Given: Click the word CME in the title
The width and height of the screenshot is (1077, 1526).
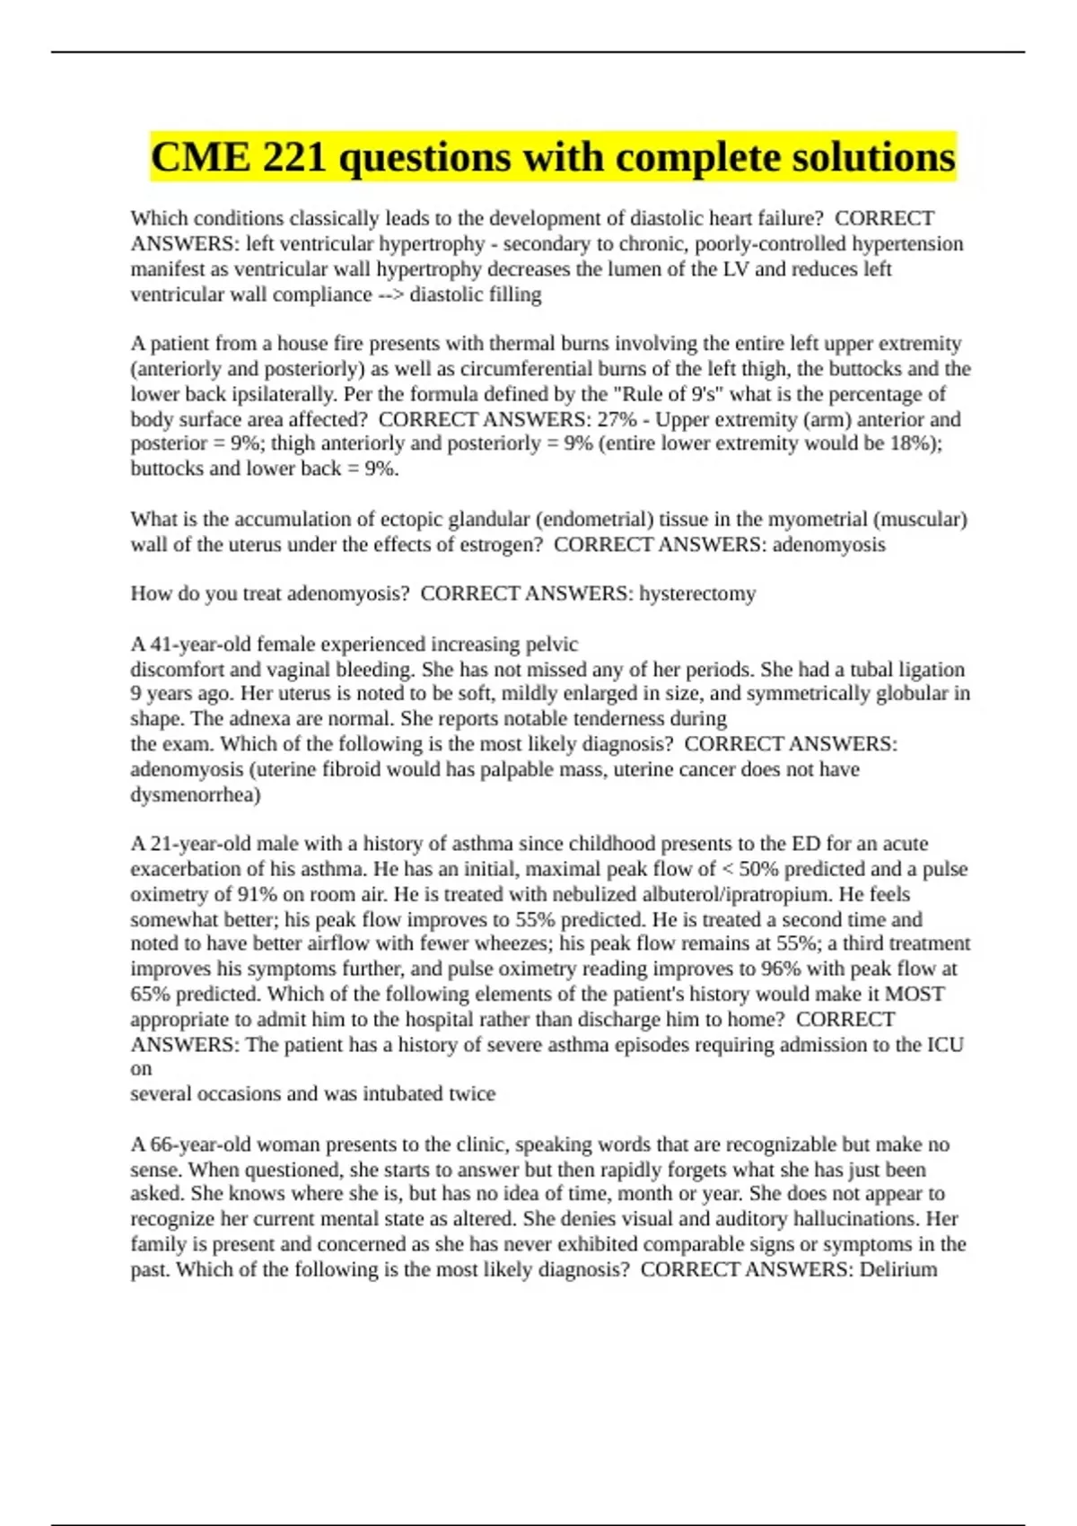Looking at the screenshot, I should click(200, 158).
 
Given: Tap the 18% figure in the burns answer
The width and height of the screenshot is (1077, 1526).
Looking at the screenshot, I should click(912, 443).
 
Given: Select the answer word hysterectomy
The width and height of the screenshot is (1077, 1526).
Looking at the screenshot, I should click(697, 593).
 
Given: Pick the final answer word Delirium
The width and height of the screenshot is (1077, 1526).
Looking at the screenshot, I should click(898, 1269).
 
